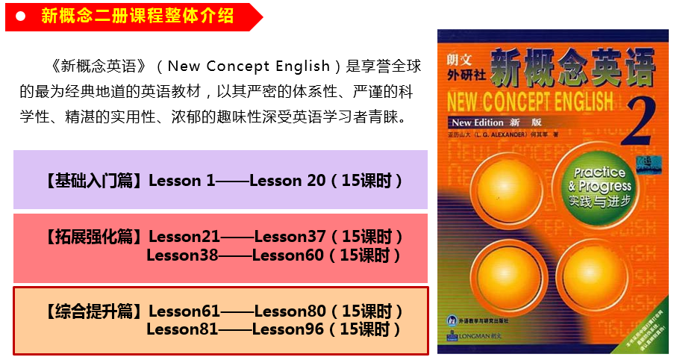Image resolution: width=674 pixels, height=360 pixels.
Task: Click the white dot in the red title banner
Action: point(22,16)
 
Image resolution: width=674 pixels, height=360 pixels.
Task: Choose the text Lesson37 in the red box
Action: point(290,237)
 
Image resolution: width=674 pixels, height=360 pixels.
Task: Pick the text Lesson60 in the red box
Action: point(288,255)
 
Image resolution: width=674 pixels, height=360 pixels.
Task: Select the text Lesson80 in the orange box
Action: point(290,311)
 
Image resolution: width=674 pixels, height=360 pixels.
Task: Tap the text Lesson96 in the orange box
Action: point(288,329)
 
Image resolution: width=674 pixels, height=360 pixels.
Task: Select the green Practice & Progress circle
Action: point(599,185)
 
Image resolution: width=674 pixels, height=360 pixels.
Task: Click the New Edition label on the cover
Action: point(478,121)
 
